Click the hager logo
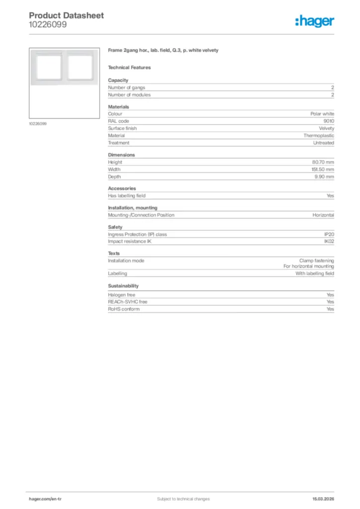click(315, 21)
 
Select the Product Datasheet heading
click(66, 15)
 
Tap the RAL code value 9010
click(329, 121)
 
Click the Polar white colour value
click(322, 114)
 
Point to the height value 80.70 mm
click(323, 162)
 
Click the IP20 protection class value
click(329, 234)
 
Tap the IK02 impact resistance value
click(329, 242)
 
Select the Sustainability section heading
click(123, 286)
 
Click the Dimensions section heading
click(121, 155)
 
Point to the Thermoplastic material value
click(319, 135)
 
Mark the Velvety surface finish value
click(326, 128)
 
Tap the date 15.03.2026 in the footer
click(323, 499)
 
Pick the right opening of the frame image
click(79, 66)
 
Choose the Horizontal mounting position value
click(323, 215)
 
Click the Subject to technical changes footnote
click(183, 499)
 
